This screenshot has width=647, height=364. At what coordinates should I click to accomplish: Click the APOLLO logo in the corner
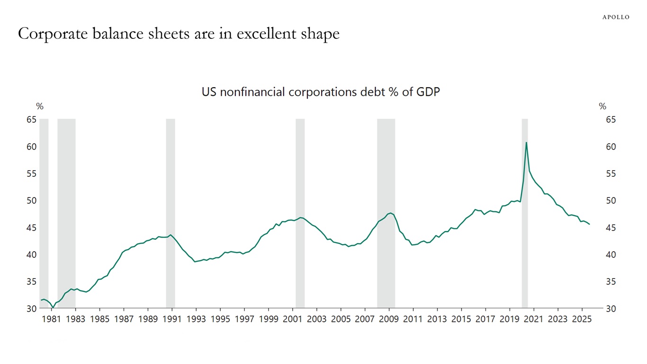[x=616, y=17]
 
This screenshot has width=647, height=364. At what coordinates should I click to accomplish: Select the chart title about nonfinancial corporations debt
[x=321, y=92]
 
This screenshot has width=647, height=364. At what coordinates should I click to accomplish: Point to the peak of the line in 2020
[x=526, y=143]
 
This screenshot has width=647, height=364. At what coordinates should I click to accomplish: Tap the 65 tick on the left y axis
[x=31, y=120]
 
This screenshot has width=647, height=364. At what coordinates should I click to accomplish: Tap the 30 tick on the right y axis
[x=611, y=309]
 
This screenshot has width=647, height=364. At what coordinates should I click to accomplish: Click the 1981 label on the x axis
[x=51, y=319]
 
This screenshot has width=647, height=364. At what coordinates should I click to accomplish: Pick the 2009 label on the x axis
[x=389, y=319]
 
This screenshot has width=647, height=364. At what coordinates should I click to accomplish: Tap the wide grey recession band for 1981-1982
[x=66, y=213]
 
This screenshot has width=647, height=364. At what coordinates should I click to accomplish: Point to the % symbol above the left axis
[x=40, y=107]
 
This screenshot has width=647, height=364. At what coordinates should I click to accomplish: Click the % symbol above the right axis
[x=602, y=107]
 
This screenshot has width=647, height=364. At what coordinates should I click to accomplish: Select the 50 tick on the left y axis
[x=31, y=201]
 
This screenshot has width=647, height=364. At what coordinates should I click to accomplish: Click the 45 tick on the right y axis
[x=611, y=228]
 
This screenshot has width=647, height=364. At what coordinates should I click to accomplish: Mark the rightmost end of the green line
[x=589, y=224]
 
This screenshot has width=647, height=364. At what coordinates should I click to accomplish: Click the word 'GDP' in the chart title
[x=428, y=92]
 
